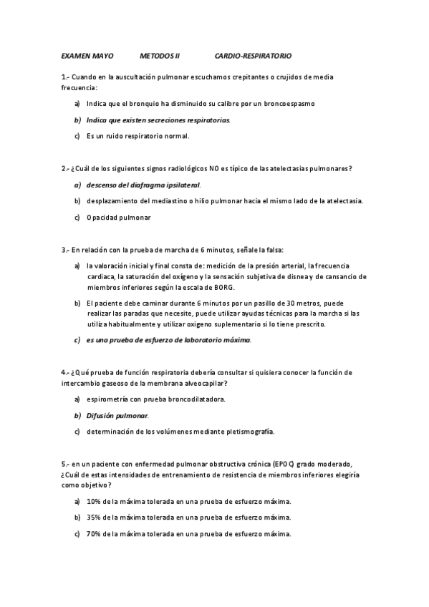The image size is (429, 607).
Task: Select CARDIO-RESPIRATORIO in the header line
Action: click(x=253, y=56)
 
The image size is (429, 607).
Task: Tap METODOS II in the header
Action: click(x=160, y=56)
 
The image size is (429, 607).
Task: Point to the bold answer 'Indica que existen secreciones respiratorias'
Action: click(x=158, y=120)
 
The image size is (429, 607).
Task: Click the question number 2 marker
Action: click(x=64, y=168)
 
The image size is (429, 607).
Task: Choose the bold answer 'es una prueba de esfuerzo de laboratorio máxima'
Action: click(x=168, y=340)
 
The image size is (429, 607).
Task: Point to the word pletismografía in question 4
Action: click(x=249, y=432)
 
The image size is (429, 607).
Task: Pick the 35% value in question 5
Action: click(x=93, y=518)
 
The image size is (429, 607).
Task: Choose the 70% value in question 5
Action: click(x=93, y=534)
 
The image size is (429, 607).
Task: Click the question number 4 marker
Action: click(x=64, y=372)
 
